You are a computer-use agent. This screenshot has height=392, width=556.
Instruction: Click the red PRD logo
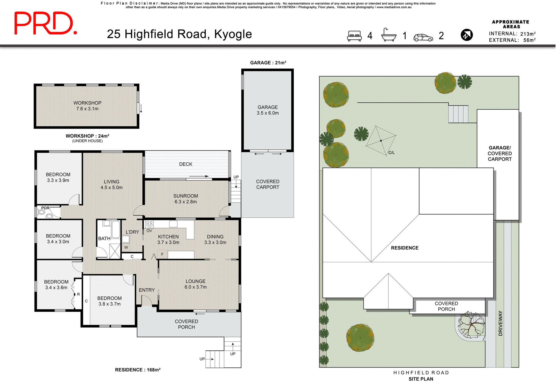(x=45, y=24)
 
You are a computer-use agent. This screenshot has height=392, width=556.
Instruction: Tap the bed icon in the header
(x=354, y=36)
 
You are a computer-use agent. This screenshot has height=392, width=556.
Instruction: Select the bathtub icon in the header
(x=389, y=35)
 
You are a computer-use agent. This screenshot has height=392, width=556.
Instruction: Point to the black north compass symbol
(x=467, y=35)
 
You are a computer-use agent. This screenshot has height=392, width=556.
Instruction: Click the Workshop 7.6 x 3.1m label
(x=87, y=106)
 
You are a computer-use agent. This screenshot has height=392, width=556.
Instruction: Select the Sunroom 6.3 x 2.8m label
(x=186, y=199)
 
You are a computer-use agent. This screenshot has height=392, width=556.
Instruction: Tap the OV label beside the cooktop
(x=149, y=231)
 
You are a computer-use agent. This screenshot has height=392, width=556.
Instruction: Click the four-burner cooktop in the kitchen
(x=149, y=224)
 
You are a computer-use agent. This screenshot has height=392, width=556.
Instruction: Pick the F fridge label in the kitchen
(x=162, y=254)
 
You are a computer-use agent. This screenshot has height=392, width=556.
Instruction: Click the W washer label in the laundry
(x=126, y=247)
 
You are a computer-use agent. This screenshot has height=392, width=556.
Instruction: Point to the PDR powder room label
(x=45, y=208)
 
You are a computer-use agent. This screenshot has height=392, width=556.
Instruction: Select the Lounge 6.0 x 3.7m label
(x=195, y=284)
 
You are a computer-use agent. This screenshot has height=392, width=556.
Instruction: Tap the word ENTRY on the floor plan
(x=147, y=290)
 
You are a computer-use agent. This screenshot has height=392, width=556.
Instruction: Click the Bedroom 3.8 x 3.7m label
(x=109, y=301)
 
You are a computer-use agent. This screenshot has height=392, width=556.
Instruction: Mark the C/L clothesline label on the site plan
(x=391, y=153)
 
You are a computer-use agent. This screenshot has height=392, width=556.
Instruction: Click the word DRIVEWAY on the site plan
(x=500, y=323)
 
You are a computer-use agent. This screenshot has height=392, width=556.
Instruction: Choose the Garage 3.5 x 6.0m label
(x=268, y=110)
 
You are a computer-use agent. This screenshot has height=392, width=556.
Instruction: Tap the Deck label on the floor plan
(x=186, y=164)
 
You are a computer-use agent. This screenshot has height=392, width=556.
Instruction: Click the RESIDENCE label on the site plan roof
(x=405, y=248)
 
